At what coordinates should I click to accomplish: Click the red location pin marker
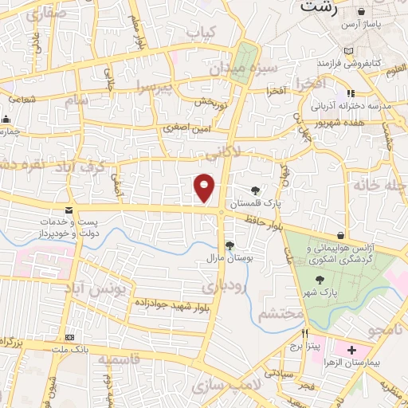pos(205,188)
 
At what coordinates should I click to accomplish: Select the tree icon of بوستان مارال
pos(229,245)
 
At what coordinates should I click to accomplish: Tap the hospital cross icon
pos(351,351)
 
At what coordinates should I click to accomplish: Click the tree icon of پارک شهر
pos(320,280)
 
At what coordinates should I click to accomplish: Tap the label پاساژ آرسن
pos(381,25)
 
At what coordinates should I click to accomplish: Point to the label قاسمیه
pos(119,359)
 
